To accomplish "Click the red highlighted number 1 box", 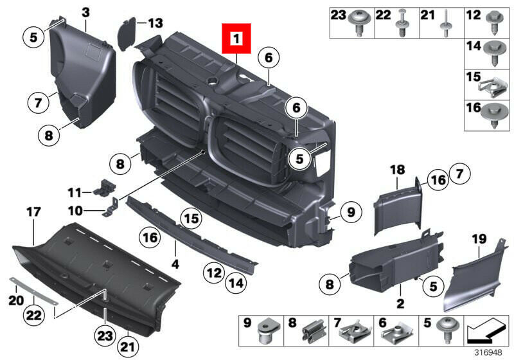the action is coord(236,39).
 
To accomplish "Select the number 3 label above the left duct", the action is coord(85,13).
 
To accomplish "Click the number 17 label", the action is coord(33,212).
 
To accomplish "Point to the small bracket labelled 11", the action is coord(105,188).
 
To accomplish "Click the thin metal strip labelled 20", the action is coord(33,291).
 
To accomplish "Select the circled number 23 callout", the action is coord(105,336).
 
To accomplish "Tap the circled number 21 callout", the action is coord(128,346).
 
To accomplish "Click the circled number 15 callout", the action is coord(191,218).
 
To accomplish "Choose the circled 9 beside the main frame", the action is coord(351,212).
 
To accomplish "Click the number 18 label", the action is coord(397,170).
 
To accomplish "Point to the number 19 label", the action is coord(479,239).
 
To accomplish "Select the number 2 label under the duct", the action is coord(400,303).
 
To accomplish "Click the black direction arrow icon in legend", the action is coord(486,331).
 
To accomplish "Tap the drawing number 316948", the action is coord(488,353).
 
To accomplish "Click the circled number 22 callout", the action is coord(34,315).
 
